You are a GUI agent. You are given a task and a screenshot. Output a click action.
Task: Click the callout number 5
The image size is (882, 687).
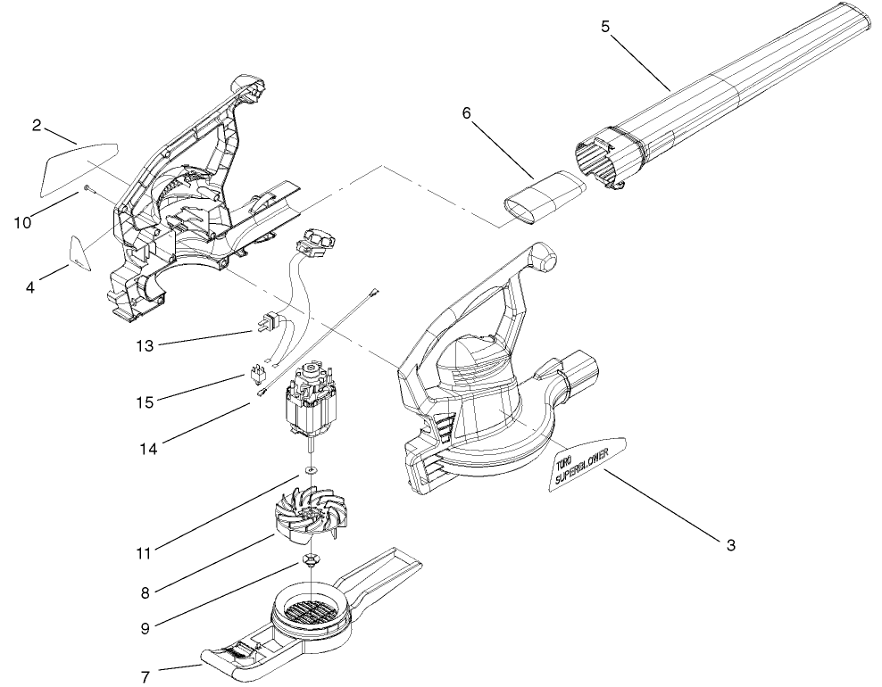point(604,26)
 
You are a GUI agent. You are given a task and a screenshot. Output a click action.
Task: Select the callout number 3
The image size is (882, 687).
point(730,545)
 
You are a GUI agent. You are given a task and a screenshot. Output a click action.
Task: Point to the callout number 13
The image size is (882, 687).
point(143,344)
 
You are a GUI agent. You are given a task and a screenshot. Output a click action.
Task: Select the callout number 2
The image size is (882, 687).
point(37,125)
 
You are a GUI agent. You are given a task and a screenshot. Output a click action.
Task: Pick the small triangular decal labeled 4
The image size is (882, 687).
point(80,252)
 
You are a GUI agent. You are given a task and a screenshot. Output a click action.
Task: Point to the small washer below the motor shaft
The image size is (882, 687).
point(309,469)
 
